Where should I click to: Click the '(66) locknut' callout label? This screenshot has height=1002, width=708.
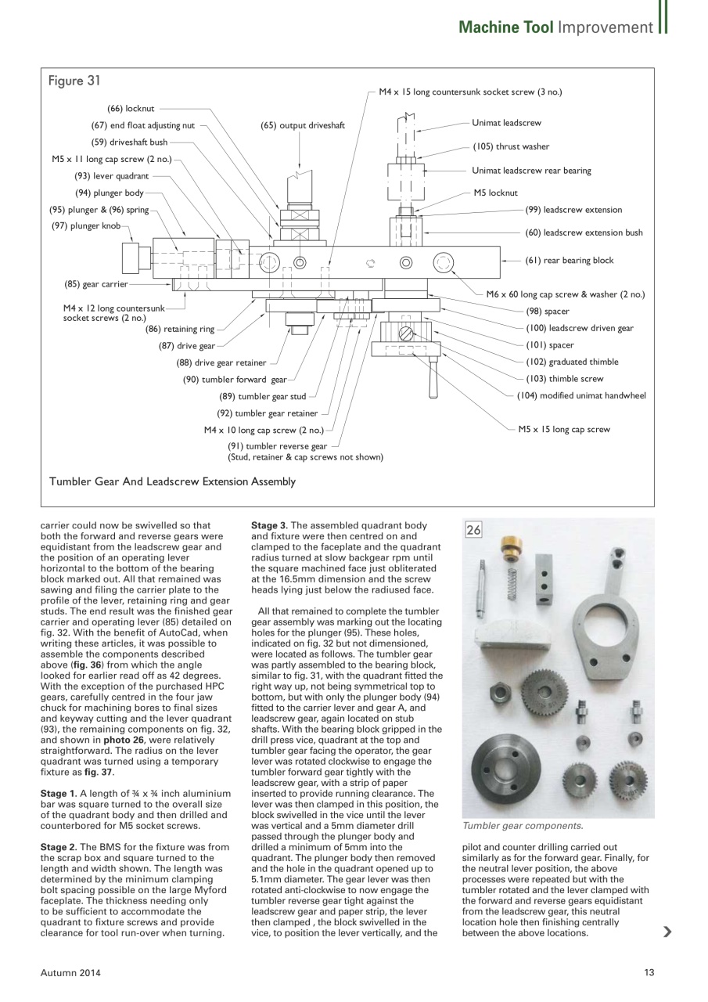[131, 108]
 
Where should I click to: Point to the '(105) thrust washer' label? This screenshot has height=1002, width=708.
[511, 146]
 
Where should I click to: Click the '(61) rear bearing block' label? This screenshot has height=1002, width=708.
[569, 261]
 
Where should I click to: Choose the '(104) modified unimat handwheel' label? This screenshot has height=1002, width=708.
[581, 395]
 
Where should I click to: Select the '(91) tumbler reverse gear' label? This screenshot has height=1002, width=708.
[277, 446]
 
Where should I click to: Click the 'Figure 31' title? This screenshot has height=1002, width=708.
[74, 81]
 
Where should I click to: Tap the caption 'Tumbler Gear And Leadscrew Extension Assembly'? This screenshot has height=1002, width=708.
[172, 481]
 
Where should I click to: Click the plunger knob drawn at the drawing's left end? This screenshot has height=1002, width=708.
[130, 256]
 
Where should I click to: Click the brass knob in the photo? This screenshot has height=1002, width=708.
[512, 549]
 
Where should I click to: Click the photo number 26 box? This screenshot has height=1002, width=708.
[474, 530]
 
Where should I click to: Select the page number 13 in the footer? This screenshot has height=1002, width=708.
[649, 972]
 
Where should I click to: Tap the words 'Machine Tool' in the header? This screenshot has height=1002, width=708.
[505, 27]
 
